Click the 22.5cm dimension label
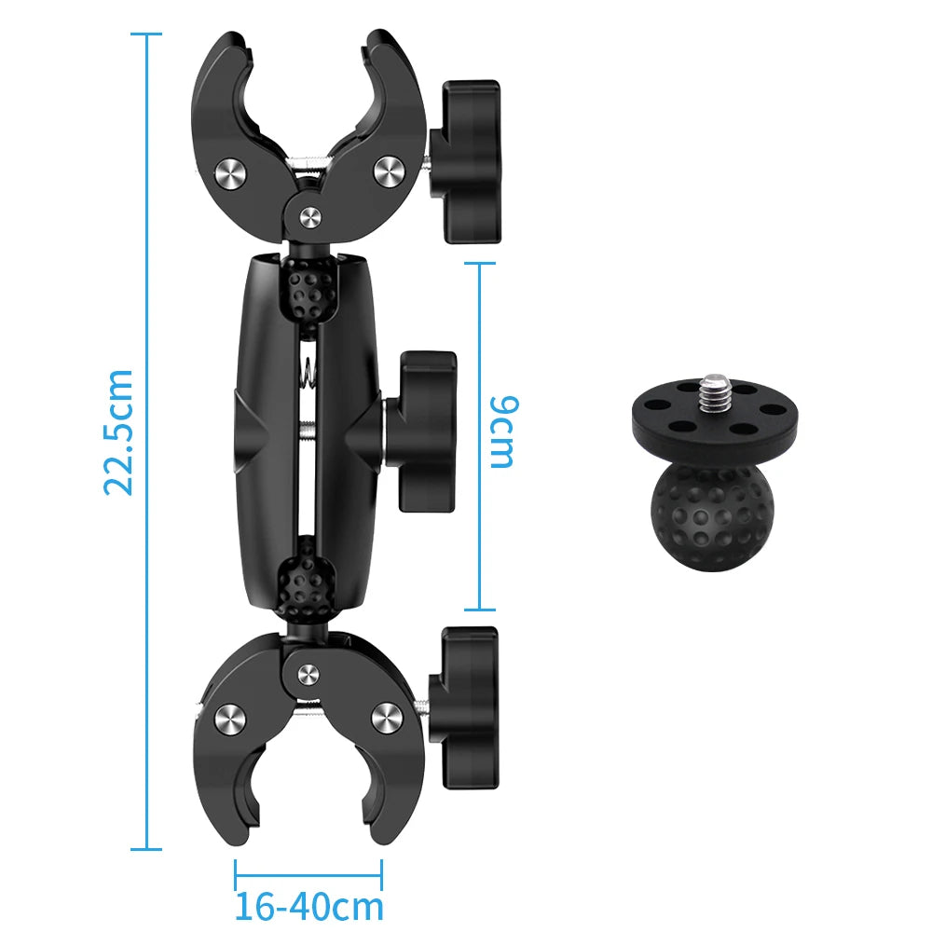[119, 431]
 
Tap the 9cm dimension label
[503, 432]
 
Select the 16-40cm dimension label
[308, 906]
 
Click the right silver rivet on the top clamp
[387, 169]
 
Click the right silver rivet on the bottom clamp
[385, 717]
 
